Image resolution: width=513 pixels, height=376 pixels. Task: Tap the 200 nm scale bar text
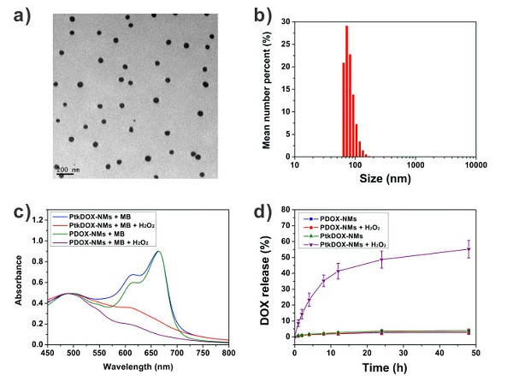(68, 169)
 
